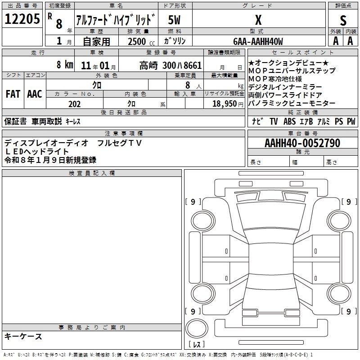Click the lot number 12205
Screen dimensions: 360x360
pos(22,19)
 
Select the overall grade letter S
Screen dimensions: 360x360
pos(343,20)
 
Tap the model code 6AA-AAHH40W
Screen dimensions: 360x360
pos(258,41)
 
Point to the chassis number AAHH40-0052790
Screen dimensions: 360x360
pos(302,143)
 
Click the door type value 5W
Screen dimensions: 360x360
pos(174,20)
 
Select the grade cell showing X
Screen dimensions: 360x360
pos(258,20)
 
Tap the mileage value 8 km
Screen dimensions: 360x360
pos(65,64)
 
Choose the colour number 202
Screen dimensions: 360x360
pos(74,104)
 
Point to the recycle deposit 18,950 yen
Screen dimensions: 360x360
pos(228,104)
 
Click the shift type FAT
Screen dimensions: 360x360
pos(13,94)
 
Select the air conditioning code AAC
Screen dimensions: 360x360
pos(35,94)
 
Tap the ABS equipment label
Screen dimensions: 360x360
pos(289,121)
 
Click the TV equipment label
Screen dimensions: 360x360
pos(274,121)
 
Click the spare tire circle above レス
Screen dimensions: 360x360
pos(197,328)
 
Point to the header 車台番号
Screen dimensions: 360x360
pos(303,133)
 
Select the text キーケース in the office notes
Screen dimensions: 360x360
pos(23,337)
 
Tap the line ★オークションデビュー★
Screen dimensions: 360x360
pos(288,63)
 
